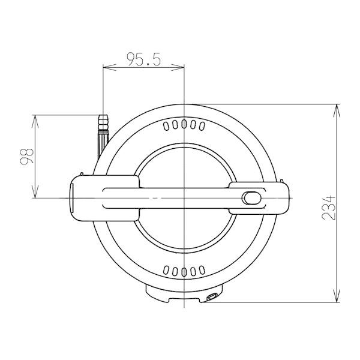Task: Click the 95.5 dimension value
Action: coord(144,59)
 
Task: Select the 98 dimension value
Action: coord(26,157)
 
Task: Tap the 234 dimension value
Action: coord(329,208)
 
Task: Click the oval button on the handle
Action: coord(251,198)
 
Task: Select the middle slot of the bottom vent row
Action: coord(184,272)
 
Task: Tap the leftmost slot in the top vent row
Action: coord(166,126)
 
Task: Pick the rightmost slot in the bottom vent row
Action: coord(202,270)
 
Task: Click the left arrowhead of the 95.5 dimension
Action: coord(109,67)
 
